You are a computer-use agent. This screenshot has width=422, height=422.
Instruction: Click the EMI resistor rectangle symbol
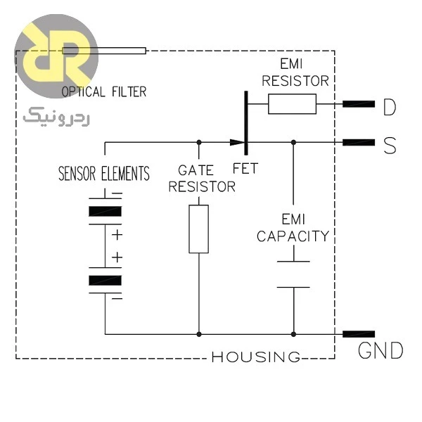click(x=292, y=104)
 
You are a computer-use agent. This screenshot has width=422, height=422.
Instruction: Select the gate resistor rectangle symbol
click(x=198, y=229)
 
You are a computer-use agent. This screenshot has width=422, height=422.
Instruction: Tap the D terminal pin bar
click(x=359, y=104)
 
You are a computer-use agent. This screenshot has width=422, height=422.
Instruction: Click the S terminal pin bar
click(x=359, y=142)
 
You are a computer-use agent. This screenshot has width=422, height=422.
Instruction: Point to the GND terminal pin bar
click(x=359, y=334)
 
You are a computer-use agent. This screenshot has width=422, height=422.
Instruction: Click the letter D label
click(x=390, y=107)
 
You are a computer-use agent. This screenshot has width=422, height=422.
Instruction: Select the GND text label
click(x=381, y=350)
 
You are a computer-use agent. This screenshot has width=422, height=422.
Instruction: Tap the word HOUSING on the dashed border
click(x=256, y=357)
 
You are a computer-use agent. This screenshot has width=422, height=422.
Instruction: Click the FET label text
click(x=245, y=169)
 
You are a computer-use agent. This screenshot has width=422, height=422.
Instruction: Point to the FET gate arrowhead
click(x=238, y=142)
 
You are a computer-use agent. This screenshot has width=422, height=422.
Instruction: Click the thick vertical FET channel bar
click(x=245, y=123)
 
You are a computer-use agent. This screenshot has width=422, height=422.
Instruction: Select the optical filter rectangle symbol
click(x=104, y=51)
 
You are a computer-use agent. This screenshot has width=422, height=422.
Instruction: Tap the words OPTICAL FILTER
click(x=104, y=91)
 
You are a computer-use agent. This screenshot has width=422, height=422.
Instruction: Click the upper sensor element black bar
click(x=105, y=211)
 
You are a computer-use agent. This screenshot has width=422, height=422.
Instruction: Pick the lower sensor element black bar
click(x=105, y=280)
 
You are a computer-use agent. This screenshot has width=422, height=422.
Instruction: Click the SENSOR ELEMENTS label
click(x=104, y=173)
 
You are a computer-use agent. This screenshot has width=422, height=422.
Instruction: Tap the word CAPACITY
click(x=293, y=236)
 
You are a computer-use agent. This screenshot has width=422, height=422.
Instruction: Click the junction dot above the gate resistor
click(x=199, y=142)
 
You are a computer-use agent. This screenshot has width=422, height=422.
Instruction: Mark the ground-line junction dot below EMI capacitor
click(x=293, y=334)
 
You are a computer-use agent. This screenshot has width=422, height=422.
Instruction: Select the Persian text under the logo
click(x=56, y=117)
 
